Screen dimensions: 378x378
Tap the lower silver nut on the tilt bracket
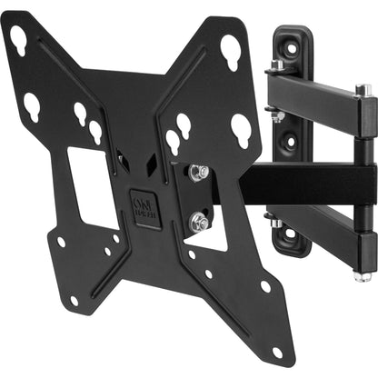pos(199,221)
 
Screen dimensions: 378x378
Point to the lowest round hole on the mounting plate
pos(277,352)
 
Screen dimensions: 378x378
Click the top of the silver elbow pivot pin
pos(363,90)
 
